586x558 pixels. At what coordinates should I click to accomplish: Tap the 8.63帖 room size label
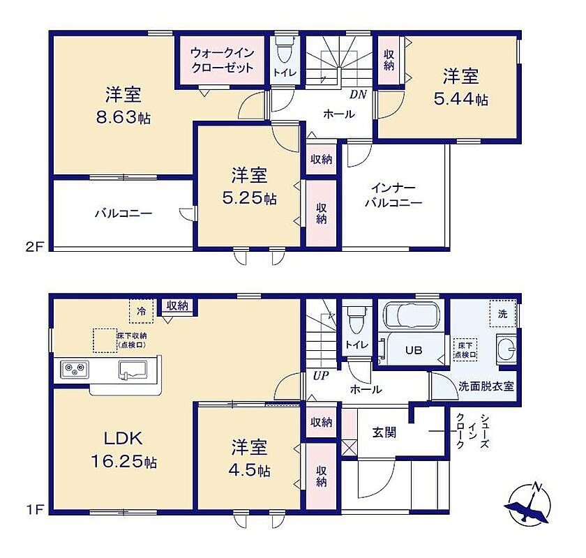click(x=123, y=118)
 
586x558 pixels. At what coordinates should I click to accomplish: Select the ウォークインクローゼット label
click(x=223, y=60)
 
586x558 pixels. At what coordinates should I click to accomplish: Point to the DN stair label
click(x=358, y=95)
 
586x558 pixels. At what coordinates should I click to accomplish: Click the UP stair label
click(x=320, y=376)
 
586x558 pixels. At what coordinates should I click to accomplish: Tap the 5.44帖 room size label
click(x=460, y=100)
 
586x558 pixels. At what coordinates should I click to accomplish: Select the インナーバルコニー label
click(x=393, y=195)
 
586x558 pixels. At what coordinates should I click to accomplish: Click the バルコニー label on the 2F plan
click(x=123, y=213)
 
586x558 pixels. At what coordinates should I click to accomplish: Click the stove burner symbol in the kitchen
click(x=75, y=370)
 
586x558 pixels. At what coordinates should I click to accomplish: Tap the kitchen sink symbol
click(x=133, y=370)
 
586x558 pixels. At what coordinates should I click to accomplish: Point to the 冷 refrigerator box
click(x=141, y=311)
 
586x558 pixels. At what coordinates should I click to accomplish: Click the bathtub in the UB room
click(x=412, y=315)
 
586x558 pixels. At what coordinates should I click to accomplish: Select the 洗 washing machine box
click(x=503, y=313)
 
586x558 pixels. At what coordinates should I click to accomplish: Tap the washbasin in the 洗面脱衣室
click(x=506, y=349)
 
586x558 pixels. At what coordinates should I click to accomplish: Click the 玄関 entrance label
click(x=384, y=432)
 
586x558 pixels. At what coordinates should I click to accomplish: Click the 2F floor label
click(x=35, y=247)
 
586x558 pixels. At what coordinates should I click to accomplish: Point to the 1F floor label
click(x=36, y=509)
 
